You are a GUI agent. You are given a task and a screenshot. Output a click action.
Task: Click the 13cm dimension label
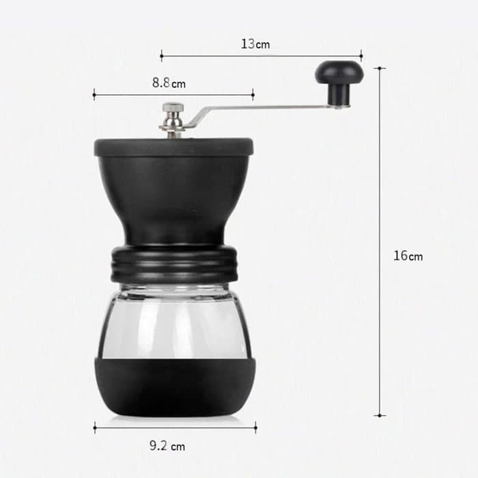click(x=255, y=44)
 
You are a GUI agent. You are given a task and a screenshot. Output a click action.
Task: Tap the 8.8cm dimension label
click(x=169, y=83)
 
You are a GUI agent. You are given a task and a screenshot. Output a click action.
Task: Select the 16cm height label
click(x=408, y=256)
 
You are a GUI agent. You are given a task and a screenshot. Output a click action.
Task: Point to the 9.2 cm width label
click(x=167, y=447)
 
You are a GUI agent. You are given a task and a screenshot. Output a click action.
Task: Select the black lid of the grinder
click(x=173, y=145)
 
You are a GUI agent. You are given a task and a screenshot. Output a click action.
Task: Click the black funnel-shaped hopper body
click(x=173, y=198)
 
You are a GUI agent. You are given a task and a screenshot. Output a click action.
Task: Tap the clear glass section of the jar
click(x=173, y=321)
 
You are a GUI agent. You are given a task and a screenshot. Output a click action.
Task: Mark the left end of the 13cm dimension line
click(x=162, y=56)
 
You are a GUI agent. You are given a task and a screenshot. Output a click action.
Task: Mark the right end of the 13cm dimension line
click(x=361, y=56)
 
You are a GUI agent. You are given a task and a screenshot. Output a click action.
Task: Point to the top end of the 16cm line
click(x=380, y=68)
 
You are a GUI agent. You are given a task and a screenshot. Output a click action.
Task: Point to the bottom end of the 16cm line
click(x=380, y=414)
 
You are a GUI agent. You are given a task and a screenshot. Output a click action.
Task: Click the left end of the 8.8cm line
click(x=94, y=95)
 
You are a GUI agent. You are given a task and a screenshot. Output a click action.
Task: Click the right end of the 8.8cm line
click(x=253, y=95)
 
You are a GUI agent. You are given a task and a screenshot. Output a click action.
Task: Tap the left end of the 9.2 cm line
click(x=94, y=427)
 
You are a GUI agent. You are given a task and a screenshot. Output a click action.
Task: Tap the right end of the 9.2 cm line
click(x=256, y=427)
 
